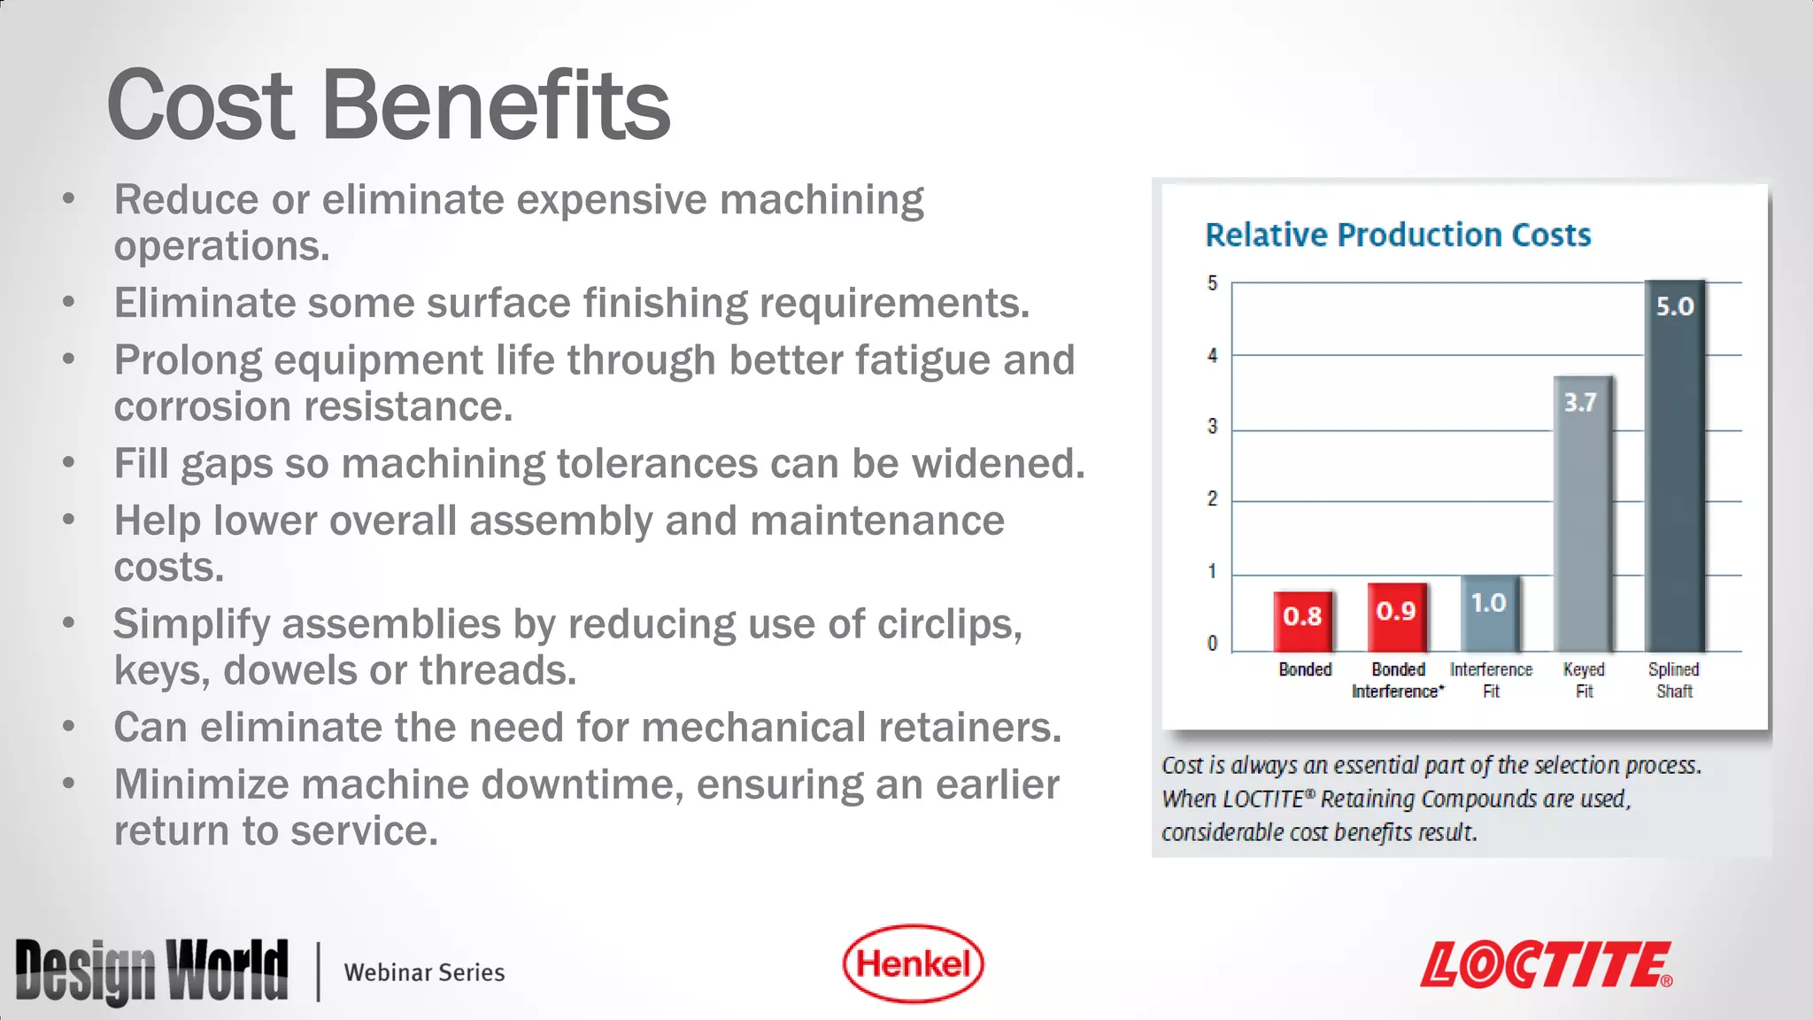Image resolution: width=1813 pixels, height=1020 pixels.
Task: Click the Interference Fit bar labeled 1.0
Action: click(1490, 615)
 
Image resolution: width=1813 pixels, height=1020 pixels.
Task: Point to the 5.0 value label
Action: click(1675, 306)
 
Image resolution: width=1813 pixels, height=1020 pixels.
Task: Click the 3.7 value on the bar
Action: click(1580, 402)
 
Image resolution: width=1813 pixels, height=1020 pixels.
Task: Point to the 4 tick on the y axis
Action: click(1212, 356)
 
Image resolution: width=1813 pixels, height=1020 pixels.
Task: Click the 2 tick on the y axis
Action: click(1212, 499)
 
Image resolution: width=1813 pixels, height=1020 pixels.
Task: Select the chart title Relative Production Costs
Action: click(1398, 235)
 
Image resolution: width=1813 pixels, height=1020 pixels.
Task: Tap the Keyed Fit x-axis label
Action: click(1584, 680)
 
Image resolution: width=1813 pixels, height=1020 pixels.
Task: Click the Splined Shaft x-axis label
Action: click(1674, 680)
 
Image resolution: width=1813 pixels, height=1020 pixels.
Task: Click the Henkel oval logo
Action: click(913, 963)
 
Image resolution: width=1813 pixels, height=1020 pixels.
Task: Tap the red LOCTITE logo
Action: click(1546, 965)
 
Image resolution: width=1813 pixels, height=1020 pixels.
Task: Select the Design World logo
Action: click(151, 970)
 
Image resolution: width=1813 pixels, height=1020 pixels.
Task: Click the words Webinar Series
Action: click(424, 972)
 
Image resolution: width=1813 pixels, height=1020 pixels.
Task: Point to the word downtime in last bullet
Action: click(582, 784)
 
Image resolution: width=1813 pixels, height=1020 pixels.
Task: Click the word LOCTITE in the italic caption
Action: click(1263, 800)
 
